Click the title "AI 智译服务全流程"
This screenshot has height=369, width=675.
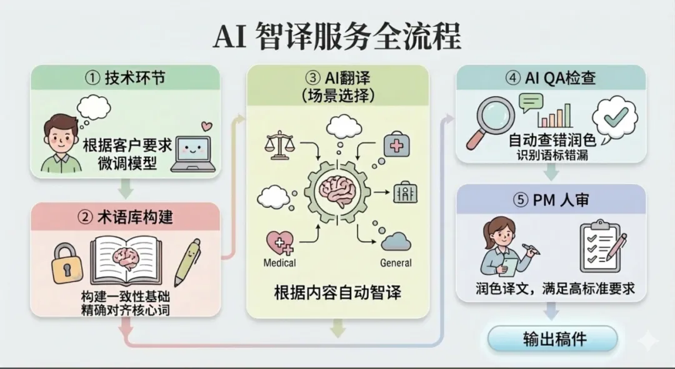click(x=337, y=36)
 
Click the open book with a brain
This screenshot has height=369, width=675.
click(x=124, y=259)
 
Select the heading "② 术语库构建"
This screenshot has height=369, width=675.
click(x=126, y=217)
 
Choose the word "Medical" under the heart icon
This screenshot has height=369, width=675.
click(x=279, y=263)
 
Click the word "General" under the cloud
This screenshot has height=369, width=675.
click(x=396, y=263)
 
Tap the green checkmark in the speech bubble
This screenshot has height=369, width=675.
click(x=615, y=116)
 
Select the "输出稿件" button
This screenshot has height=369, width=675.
click(x=552, y=338)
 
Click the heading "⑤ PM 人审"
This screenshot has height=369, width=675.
click(x=550, y=201)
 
